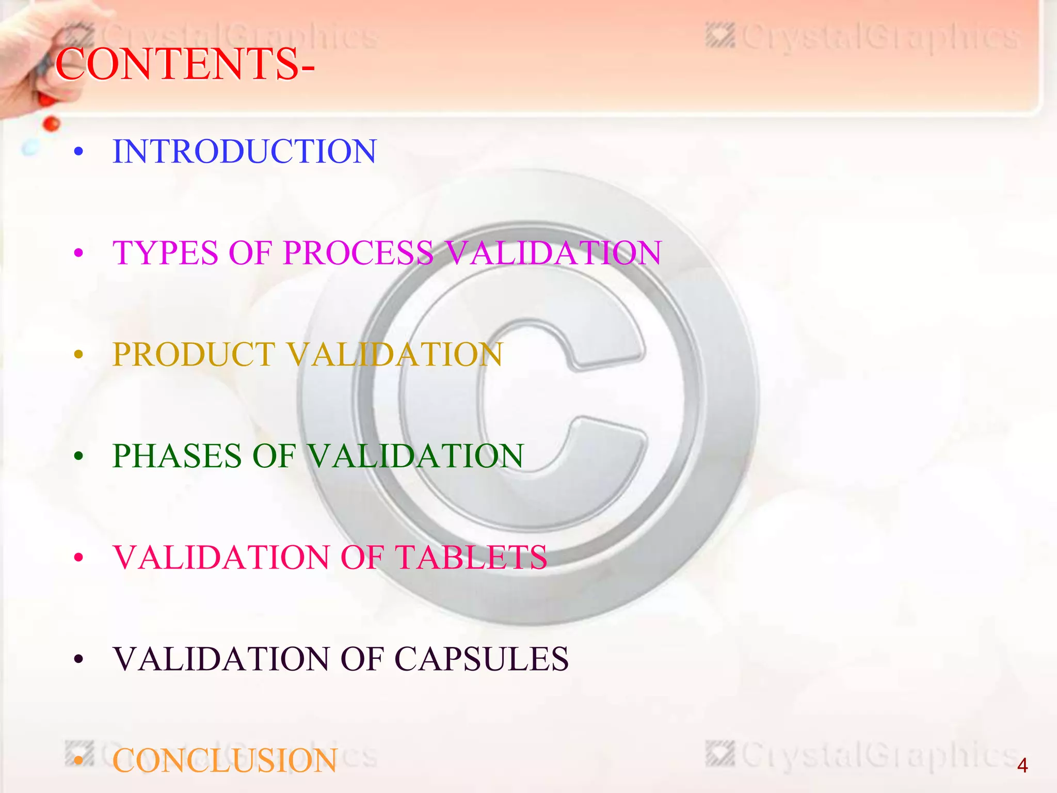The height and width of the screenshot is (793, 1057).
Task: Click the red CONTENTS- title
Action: coord(184,64)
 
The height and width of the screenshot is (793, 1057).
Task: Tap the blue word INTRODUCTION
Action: coord(244,152)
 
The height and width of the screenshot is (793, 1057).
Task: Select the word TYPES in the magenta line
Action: coord(165,253)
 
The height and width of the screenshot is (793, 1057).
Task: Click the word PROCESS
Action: coord(358,253)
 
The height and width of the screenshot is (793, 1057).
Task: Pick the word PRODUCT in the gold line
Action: coord(194,355)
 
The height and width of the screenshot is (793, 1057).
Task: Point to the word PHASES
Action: coord(177,456)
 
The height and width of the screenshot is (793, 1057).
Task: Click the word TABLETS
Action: coord(471,558)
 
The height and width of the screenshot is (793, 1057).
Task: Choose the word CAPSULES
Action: coord(482,659)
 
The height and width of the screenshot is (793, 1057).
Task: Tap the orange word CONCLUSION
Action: coord(225,760)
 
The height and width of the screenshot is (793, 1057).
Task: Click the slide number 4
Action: coord(1022,766)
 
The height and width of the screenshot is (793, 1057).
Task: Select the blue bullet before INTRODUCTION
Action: coord(78,152)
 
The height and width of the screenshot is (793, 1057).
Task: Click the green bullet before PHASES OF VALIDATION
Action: coord(78,456)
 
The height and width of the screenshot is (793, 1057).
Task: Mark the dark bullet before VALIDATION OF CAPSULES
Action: coord(78,659)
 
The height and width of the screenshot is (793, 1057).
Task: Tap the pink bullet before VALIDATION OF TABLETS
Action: coord(78,558)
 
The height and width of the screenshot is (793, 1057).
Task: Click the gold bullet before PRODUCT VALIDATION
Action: coord(78,355)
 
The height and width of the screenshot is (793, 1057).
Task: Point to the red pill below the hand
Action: coord(51,123)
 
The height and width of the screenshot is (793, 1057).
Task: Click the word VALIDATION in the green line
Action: coord(415,456)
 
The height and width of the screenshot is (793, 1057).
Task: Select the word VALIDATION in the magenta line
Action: coord(553,253)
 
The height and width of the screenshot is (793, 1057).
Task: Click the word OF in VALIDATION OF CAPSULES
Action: coord(361,659)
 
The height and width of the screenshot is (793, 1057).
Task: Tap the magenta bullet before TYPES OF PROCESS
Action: coord(78,253)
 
